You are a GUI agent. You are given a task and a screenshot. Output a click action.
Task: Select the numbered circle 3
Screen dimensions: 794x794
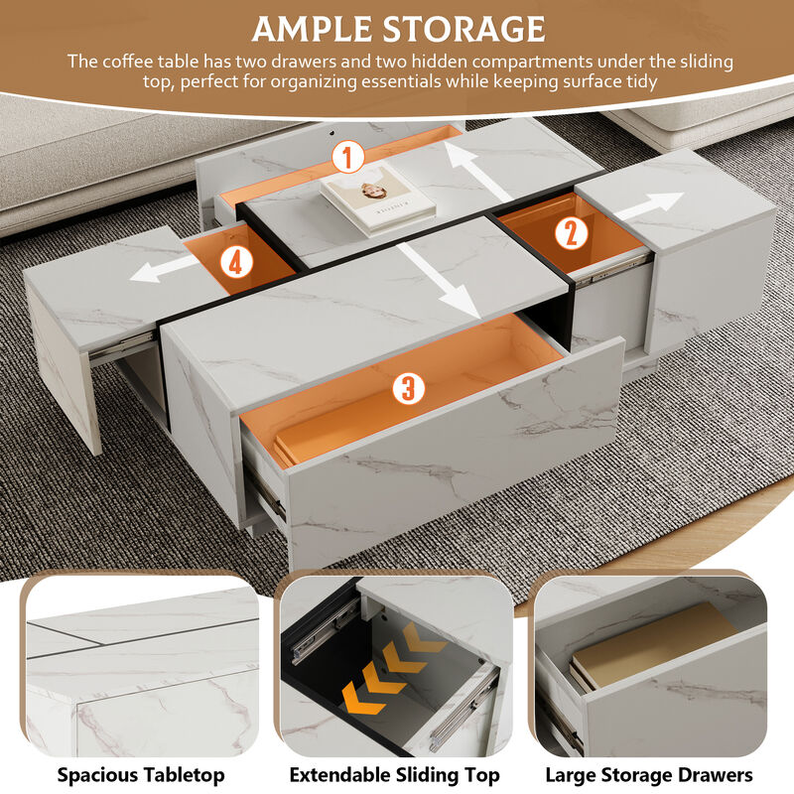coord(407,388)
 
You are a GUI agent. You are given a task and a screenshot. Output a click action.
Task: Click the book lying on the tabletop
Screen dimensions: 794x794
coord(377,198)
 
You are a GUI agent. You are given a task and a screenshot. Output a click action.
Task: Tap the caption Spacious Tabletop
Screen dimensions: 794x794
coord(140,775)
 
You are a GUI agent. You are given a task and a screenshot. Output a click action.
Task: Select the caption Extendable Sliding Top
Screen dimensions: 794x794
coord(394,775)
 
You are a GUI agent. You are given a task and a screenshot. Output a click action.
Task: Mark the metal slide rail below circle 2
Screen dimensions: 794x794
coord(607,264)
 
